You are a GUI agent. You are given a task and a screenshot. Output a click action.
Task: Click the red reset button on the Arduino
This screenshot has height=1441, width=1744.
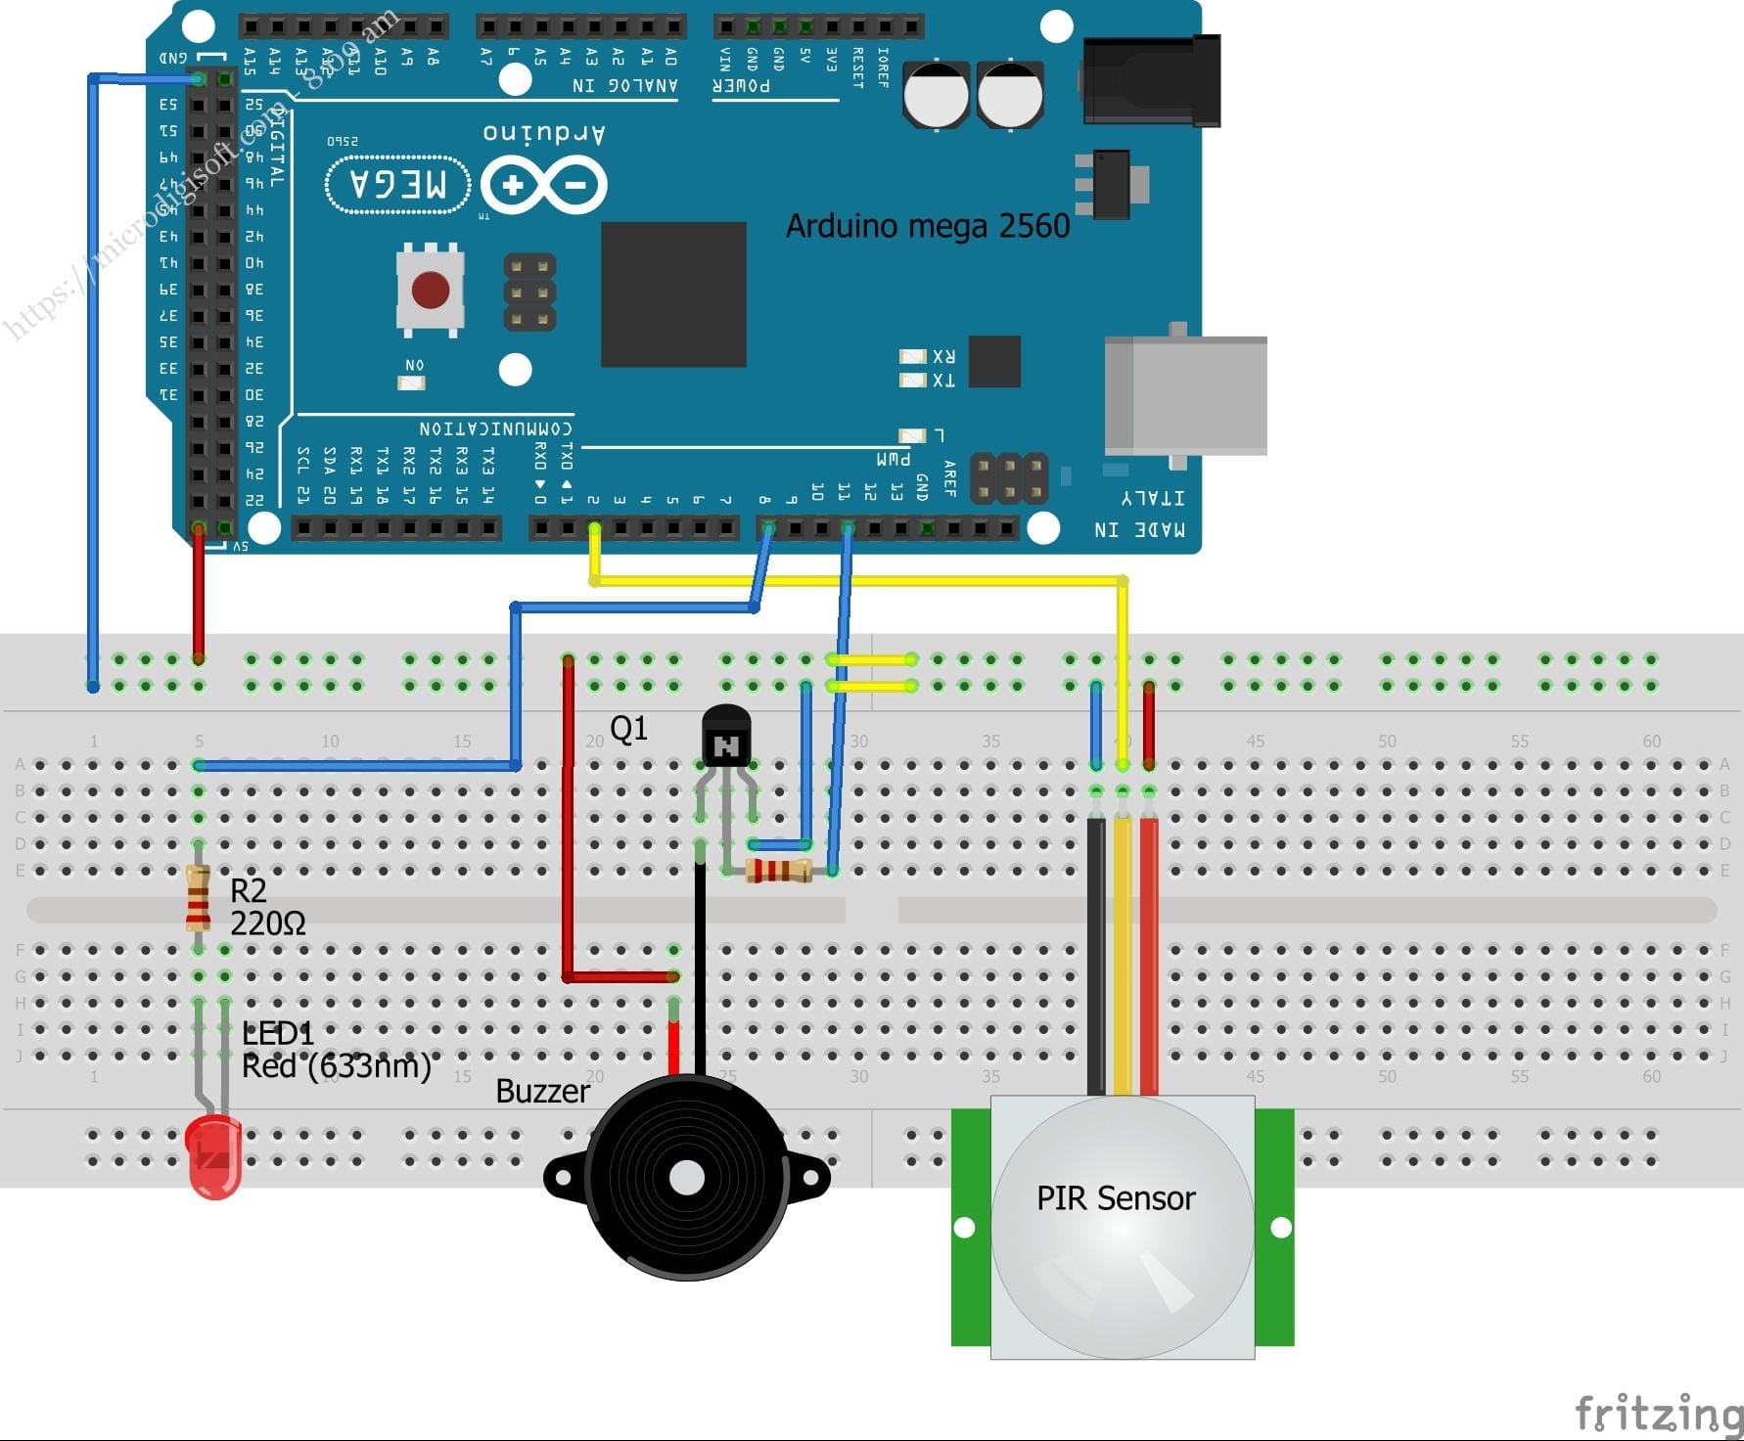431,291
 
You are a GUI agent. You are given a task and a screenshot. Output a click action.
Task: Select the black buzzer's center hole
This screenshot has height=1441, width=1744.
687,1178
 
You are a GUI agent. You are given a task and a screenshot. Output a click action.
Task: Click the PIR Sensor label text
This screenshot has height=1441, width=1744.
1116,1198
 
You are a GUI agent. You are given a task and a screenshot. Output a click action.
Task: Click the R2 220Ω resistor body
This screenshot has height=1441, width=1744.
198,898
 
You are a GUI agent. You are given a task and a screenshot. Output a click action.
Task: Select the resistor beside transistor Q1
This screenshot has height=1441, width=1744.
779,870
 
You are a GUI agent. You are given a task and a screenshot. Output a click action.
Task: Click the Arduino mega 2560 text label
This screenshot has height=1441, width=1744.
927,226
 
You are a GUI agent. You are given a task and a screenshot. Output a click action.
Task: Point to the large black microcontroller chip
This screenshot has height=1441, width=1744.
673,294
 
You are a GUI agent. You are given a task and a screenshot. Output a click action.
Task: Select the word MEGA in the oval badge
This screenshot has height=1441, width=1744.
397,184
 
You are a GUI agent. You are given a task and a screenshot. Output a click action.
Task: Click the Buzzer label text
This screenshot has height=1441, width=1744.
542,1092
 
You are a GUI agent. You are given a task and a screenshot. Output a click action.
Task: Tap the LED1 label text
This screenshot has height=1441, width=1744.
278,1033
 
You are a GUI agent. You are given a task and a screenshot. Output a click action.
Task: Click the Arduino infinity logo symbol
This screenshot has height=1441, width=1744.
544,185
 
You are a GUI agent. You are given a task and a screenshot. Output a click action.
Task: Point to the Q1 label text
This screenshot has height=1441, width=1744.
628,728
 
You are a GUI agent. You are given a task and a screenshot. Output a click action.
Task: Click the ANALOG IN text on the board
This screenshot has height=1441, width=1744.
625,85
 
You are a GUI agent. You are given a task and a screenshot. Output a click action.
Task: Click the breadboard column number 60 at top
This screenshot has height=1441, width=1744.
1651,741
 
